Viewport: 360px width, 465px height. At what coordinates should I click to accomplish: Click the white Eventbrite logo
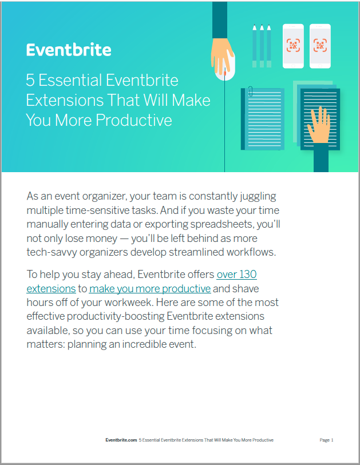(x=69, y=50)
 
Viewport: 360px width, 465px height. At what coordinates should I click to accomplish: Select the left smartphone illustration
(x=293, y=46)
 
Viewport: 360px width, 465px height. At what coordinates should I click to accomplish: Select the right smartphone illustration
(x=320, y=46)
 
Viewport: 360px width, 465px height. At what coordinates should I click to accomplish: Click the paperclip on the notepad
(x=251, y=92)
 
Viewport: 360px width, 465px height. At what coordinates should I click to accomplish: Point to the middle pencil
(x=262, y=46)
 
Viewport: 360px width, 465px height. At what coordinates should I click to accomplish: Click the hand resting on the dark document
(x=319, y=125)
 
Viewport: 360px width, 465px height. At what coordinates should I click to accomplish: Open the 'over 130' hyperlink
(x=236, y=275)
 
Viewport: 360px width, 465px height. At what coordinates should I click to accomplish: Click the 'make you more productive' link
(x=150, y=288)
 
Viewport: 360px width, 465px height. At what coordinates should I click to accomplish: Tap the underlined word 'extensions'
(x=51, y=288)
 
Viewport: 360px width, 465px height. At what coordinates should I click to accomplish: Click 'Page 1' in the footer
(x=326, y=440)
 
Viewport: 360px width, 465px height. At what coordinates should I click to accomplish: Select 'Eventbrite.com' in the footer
(x=121, y=440)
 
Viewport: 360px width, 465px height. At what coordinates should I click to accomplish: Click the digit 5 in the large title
(x=30, y=81)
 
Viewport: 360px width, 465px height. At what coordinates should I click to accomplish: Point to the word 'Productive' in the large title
(x=134, y=120)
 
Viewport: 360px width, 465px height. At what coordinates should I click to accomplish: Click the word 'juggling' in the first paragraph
(x=258, y=196)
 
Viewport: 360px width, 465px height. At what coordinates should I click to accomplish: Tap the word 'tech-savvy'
(x=52, y=252)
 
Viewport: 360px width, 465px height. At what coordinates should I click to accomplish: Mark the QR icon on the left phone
(x=293, y=45)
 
